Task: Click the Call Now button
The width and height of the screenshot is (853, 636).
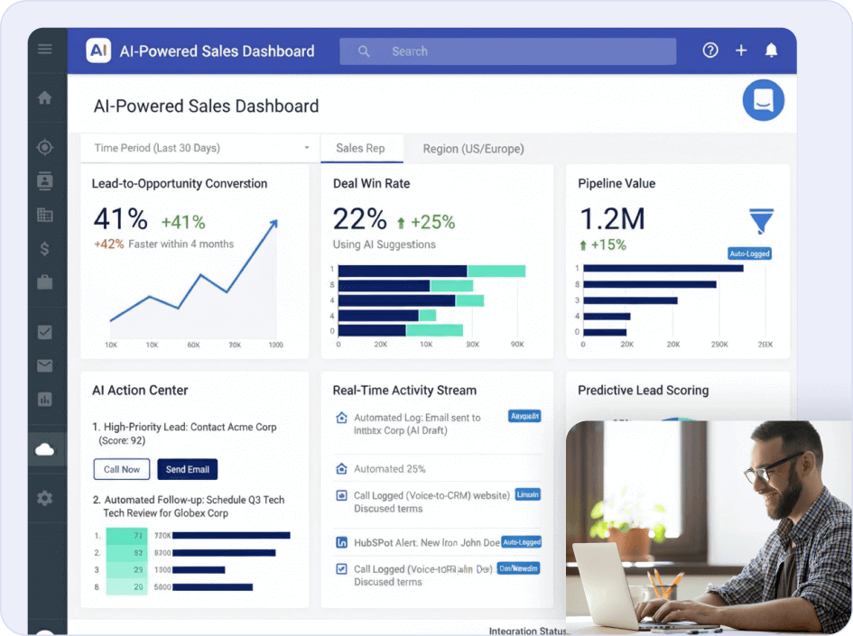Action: tap(122, 469)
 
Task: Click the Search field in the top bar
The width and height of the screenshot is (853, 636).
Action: tap(507, 51)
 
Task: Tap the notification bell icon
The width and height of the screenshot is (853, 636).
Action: tap(771, 51)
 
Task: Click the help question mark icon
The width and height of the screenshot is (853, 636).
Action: tap(710, 51)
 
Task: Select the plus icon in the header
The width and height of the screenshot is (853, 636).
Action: tap(741, 51)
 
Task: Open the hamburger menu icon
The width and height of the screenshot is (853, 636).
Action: tap(45, 49)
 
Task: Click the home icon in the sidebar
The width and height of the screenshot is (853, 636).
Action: tap(45, 98)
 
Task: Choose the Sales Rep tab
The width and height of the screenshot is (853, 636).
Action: tap(360, 148)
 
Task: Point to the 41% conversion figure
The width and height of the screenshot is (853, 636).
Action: tap(120, 219)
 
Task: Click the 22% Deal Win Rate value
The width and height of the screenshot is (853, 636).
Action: tap(360, 219)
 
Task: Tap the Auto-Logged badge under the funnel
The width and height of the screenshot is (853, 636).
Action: tap(749, 254)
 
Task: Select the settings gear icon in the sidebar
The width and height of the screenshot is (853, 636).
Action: tap(45, 498)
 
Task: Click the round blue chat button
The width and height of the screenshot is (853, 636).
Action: tap(763, 100)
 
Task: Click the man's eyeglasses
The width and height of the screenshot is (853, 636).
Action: tap(773, 469)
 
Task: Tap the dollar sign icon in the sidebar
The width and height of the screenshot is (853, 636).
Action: tap(45, 249)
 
